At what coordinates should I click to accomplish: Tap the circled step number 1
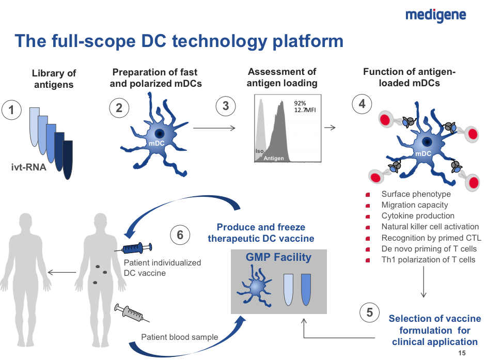12,109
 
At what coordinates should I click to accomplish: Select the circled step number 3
225,106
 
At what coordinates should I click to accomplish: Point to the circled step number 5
369,312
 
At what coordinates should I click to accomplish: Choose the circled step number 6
180,235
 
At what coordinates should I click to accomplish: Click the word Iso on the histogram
259,151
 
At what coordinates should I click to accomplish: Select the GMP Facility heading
278,257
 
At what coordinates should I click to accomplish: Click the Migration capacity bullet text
415,205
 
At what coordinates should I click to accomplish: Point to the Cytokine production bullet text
418,216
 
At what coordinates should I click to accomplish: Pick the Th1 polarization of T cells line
428,259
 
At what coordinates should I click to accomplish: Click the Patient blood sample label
180,337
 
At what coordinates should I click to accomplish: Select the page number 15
462,353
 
